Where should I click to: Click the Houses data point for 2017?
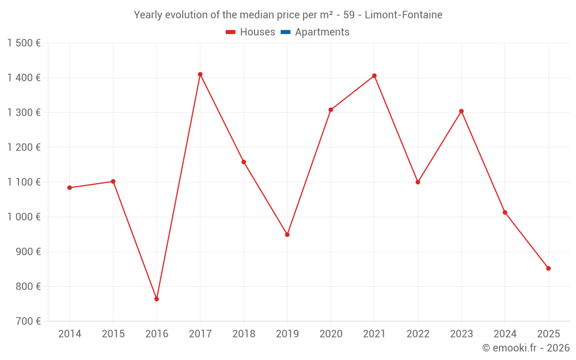(200, 74)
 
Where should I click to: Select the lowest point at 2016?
(157, 299)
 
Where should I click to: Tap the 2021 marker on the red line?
(374, 75)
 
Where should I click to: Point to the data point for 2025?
(548, 268)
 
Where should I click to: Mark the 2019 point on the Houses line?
(287, 234)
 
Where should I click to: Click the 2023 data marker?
(461, 111)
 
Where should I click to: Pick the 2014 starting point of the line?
(70, 188)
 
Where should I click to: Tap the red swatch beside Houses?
(231, 32)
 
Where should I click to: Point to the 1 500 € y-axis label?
(24, 43)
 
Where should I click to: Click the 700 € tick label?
(27, 321)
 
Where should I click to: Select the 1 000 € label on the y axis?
(24, 217)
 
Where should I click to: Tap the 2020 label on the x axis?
(331, 334)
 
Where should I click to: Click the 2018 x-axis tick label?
(244, 334)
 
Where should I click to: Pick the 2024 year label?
(505, 334)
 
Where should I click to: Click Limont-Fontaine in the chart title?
(404, 15)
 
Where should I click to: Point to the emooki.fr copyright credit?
(526, 348)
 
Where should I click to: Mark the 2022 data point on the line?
(418, 182)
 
